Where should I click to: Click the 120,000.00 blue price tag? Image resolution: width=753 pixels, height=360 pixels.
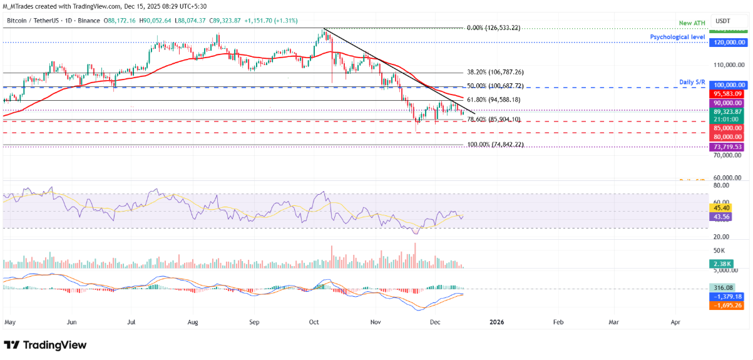click(727, 42)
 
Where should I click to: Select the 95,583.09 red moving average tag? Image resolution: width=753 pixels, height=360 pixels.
click(727, 93)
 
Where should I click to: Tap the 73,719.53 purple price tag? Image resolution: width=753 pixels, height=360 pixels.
click(727, 147)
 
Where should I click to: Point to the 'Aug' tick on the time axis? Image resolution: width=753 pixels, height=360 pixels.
click(192, 322)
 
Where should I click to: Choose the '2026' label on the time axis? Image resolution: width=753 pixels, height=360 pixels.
click(496, 322)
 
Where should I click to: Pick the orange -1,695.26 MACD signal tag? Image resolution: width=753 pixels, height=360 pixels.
click(727, 306)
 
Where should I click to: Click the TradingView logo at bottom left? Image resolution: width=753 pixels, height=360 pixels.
click(45, 345)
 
